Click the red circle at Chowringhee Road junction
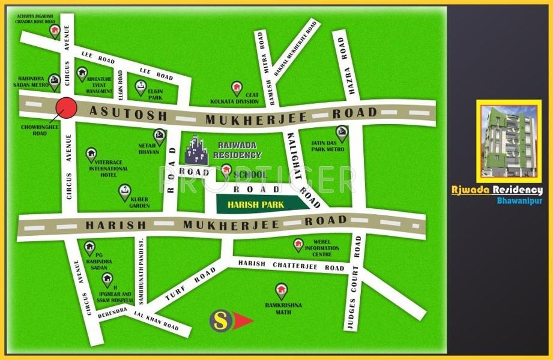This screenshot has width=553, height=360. [66, 109]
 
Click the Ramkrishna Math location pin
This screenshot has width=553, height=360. [281, 292]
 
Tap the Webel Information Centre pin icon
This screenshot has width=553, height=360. [298, 244]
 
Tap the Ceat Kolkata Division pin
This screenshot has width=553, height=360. [237, 88]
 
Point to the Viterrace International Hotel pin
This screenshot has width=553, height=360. [91, 154]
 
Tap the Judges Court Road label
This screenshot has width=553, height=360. [353, 282]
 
